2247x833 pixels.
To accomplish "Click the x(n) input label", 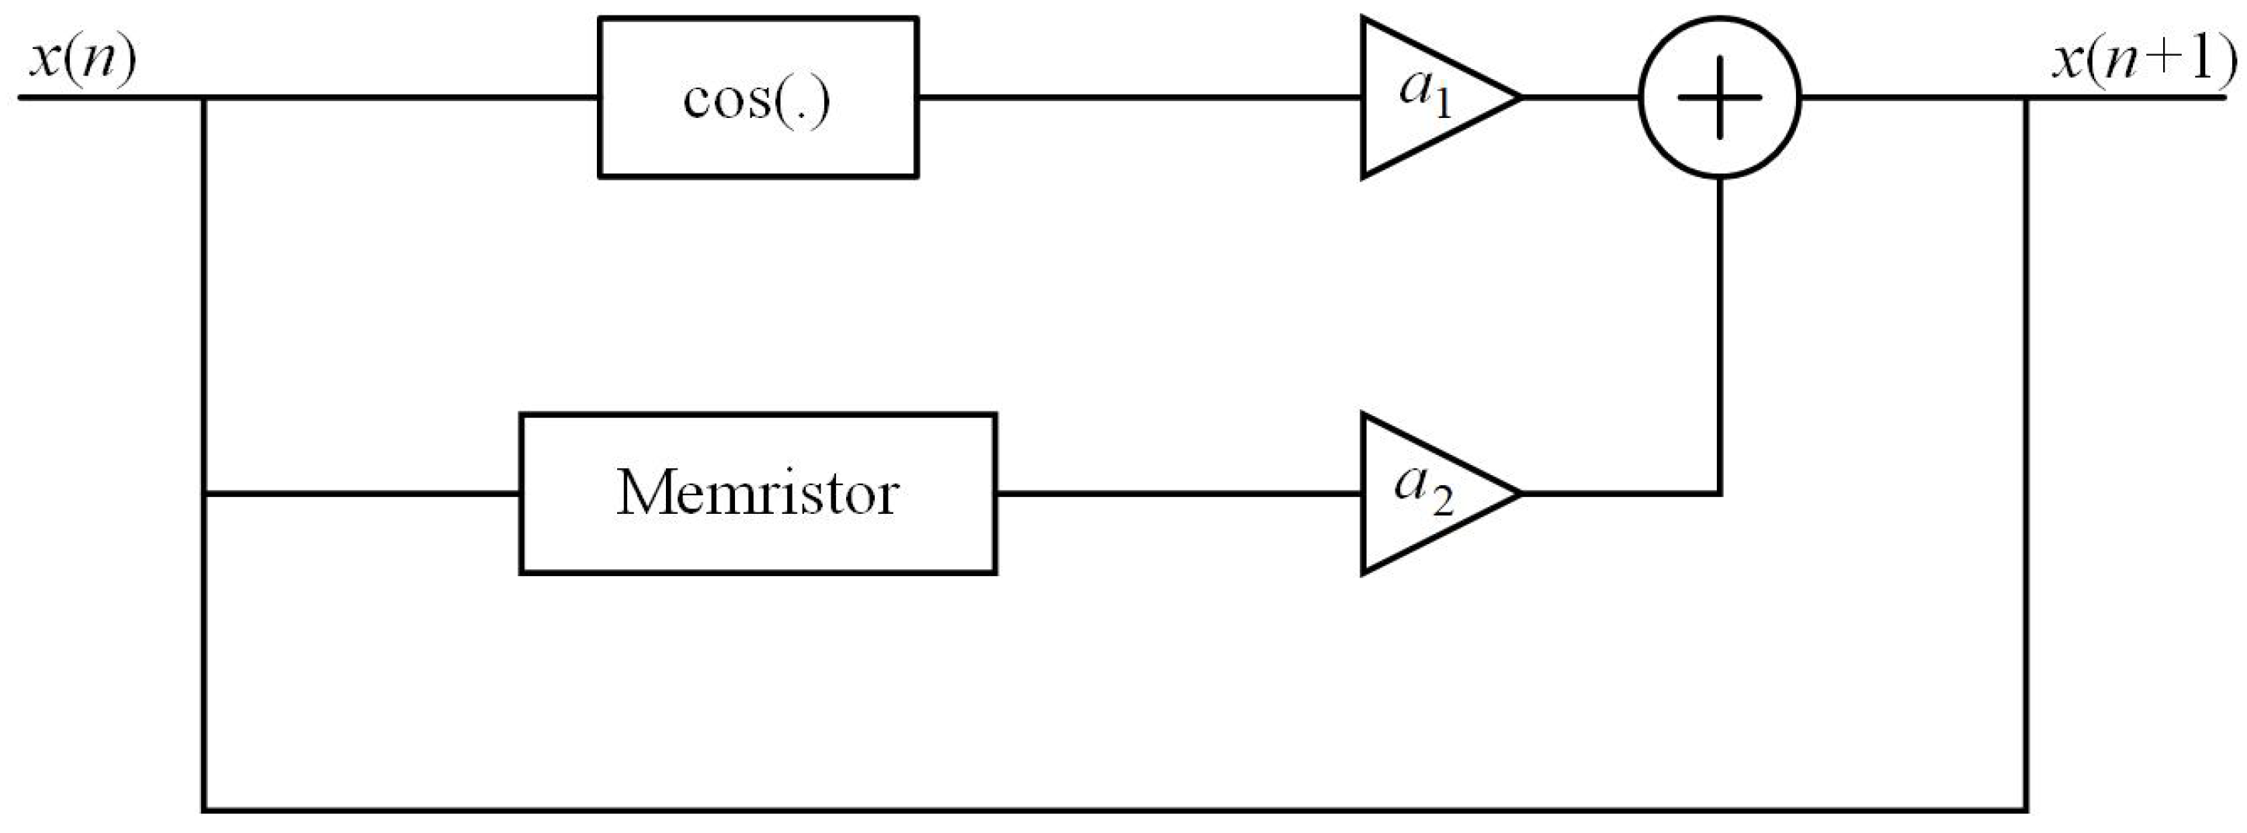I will coord(83,63).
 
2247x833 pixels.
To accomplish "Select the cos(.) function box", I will coord(757,98).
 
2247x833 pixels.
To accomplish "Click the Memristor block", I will coord(757,494).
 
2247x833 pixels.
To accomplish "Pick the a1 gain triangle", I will coord(1422,98).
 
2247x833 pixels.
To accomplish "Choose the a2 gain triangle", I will coord(1422,494).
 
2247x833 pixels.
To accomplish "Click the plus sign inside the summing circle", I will coord(1719,98).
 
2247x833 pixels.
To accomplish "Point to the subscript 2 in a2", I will coord(1442,502).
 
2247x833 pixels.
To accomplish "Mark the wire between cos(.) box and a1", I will coord(1134,98).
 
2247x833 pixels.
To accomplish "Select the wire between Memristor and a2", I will coord(1177,494).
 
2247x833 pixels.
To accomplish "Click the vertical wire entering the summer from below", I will coord(1719,331).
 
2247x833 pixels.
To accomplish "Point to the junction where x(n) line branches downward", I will coord(203,98).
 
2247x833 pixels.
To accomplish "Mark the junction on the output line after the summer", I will coord(2026,98).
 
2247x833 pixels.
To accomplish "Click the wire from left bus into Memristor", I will coord(362,494).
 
